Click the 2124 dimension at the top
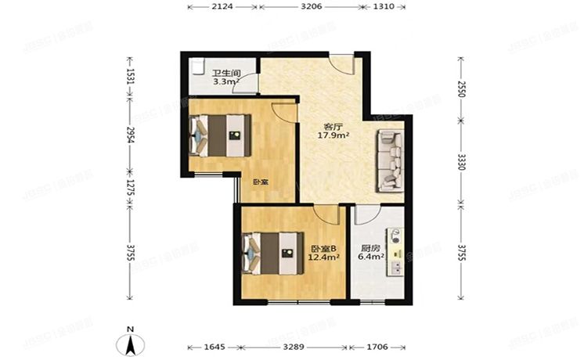(222, 8)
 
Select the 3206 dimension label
(310, 8)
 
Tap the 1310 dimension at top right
(383, 8)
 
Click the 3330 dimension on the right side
(461, 163)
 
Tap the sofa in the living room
(389, 161)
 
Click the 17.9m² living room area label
(333, 135)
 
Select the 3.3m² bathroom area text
(225, 81)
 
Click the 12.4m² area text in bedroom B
(323, 254)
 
